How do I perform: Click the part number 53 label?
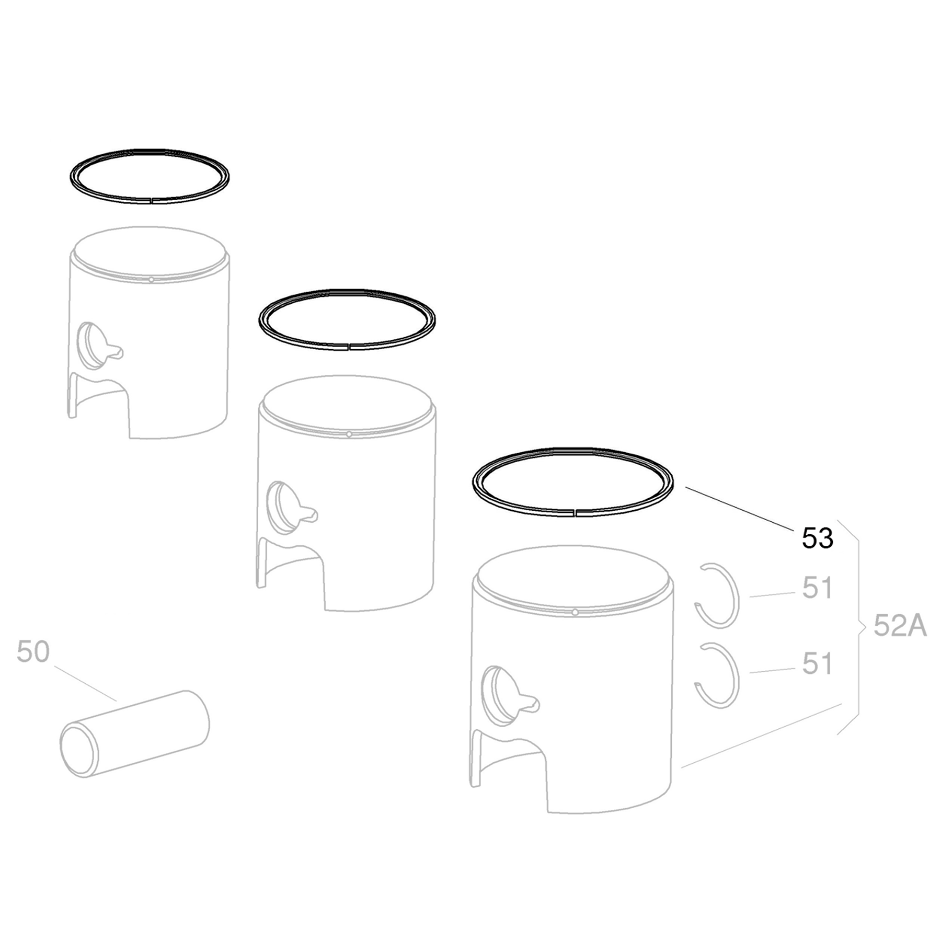[x=817, y=538]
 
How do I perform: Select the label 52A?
[x=900, y=626]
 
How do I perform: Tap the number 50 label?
[x=33, y=651]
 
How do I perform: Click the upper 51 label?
[x=817, y=589]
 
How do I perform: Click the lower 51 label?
[x=817, y=664]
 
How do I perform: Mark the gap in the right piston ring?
[x=575, y=512]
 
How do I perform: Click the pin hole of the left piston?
[x=89, y=345]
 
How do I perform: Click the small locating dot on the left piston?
[x=151, y=280]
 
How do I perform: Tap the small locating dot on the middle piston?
[x=349, y=434]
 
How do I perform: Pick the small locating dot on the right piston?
[x=575, y=612]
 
